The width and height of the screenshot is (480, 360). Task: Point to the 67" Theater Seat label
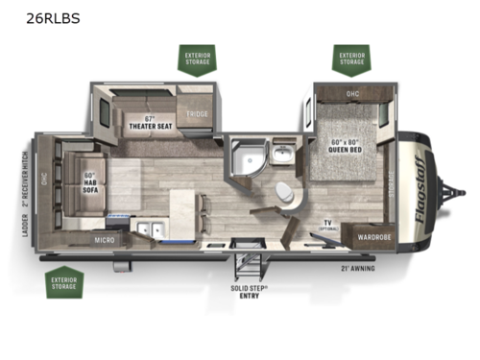tap(151, 122)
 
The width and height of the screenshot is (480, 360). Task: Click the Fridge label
tap(198, 113)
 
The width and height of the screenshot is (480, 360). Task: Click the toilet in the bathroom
tap(286, 192)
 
